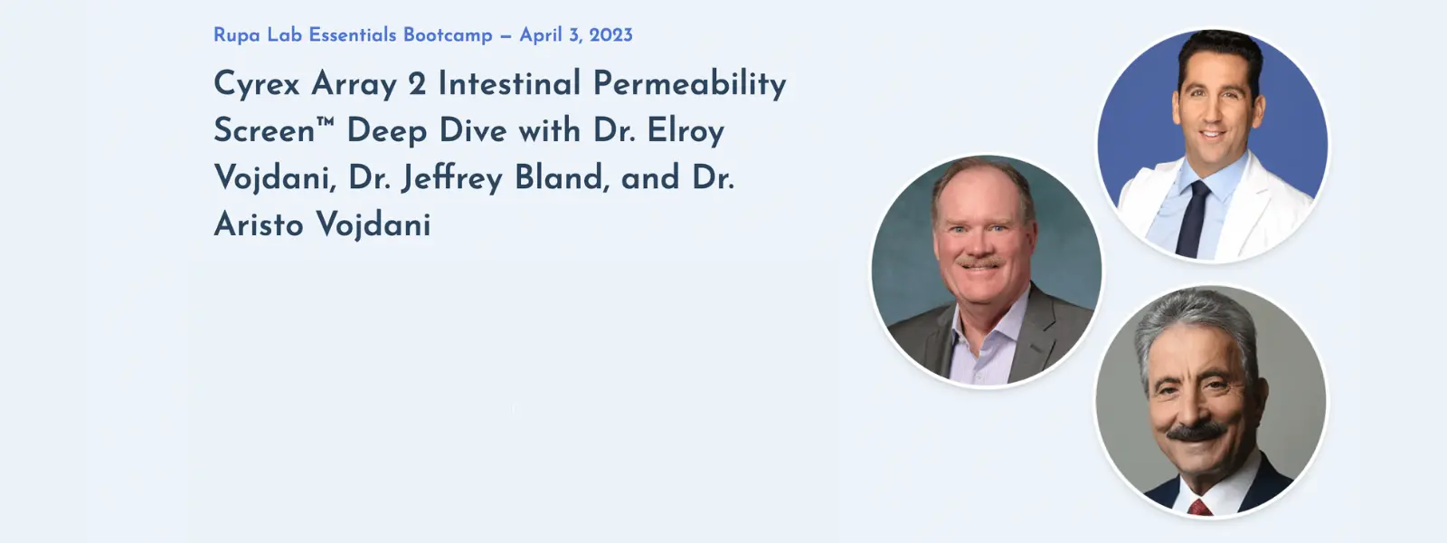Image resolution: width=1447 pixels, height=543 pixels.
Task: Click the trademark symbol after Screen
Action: click(326, 122)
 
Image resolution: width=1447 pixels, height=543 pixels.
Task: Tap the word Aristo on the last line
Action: click(259, 224)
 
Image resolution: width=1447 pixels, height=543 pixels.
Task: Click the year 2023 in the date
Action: click(610, 35)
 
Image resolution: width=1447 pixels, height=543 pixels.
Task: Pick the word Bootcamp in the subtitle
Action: click(448, 35)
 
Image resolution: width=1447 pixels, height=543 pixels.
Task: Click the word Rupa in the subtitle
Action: click(236, 35)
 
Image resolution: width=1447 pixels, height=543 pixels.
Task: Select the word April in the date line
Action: click(541, 35)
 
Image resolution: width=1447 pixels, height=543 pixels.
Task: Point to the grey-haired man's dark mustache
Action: click(1197, 433)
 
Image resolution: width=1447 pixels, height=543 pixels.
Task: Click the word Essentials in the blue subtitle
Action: click(353, 35)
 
